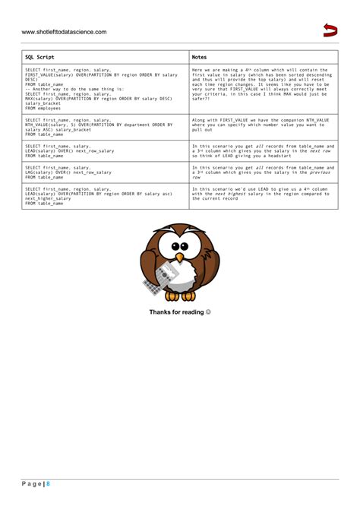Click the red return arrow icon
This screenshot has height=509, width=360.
[330, 30]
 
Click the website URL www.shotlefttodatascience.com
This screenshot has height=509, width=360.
[64, 32]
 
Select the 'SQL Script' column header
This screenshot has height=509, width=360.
[39, 57]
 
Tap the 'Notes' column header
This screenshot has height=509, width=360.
[199, 57]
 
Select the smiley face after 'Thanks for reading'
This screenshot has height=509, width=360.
[208, 312]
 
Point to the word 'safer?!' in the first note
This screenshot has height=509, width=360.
[201, 98]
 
